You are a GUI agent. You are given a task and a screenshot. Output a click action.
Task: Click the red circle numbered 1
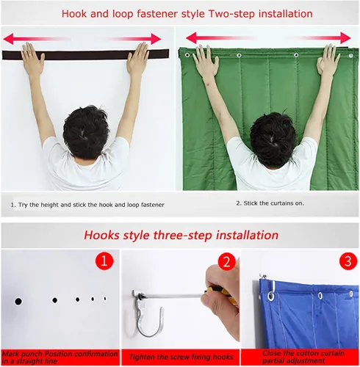tap(104, 261)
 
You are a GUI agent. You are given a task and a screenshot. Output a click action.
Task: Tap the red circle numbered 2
tap(227, 261)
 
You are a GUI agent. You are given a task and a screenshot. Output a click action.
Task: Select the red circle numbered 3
tap(348, 261)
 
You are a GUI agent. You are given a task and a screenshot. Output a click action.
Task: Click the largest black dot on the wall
tap(18, 302)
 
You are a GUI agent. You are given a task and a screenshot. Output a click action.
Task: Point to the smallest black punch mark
tap(105, 299)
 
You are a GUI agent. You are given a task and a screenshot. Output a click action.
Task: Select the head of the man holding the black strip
tap(86, 131)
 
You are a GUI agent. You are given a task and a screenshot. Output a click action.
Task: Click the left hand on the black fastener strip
tap(32, 57)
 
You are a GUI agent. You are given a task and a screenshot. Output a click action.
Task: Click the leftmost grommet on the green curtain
tap(187, 55)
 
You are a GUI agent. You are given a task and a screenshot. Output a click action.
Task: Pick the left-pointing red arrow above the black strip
tap(37, 39)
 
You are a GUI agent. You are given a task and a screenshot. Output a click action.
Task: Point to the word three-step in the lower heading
tap(182, 236)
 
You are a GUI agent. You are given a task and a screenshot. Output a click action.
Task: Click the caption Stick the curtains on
tap(274, 203)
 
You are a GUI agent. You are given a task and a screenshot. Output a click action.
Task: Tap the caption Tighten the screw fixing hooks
tap(181, 357)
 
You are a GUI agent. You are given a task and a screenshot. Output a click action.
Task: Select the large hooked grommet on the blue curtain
tap(271, 297)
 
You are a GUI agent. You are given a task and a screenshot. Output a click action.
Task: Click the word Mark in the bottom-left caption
tap(10, 354)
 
